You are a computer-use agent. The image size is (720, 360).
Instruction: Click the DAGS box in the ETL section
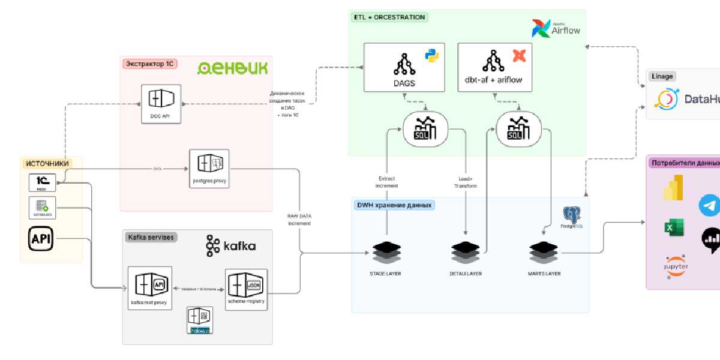pyautogui.click(x=404, y=67)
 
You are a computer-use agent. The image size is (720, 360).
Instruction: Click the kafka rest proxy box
pyautogui.click(x=150, y=287)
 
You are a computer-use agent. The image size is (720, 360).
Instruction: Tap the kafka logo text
pyautogui.click(x=231, y=246)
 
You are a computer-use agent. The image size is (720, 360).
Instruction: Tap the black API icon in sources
pyautogui.click(x=42, y=239)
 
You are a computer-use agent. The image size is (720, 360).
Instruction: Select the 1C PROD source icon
pyautogui.click(x=42, y=182)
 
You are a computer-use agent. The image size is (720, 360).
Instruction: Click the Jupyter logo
pyautogui.click(x=676, y=265)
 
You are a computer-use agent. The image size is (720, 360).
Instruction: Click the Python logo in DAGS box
pyautogui.click(x=431, y=55)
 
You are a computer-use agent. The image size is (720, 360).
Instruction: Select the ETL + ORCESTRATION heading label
pyautogui.click(x=389, y=17)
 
